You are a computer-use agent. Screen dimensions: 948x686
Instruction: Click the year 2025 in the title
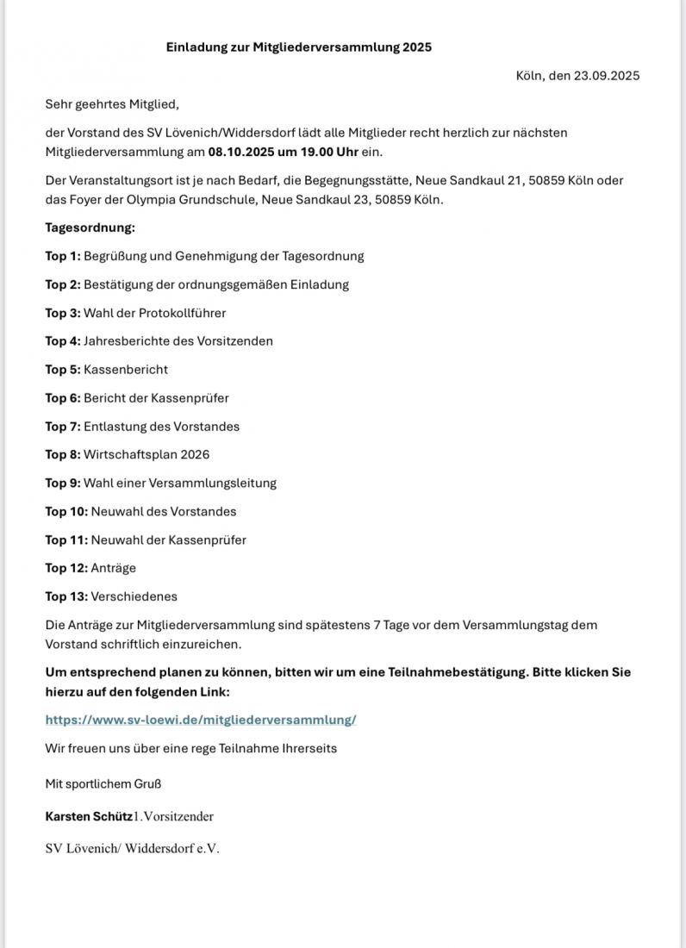[x=416, y=47]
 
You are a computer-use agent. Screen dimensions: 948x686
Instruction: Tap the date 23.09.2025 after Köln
[x=607, y=76]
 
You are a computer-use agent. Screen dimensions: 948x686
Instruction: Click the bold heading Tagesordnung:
[x=90, y=228]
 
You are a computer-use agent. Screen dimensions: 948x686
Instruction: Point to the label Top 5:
[x=63, y=370]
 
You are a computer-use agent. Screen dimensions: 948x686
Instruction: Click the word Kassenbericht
[x=126, y=370]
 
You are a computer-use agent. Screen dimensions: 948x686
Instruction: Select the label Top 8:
[x=63, y=454]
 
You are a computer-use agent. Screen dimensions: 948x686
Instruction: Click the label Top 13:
[x=66, y=596]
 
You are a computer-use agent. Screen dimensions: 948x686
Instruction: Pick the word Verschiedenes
[x=134, y=596]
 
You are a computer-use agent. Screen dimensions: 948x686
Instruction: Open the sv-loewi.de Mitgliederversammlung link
[x=201, y=720]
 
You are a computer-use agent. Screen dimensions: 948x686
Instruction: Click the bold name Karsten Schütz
[x=89, y=816]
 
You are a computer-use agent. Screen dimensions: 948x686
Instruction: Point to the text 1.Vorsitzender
[x=173, y=816]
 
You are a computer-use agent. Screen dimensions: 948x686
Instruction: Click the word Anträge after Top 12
[x=114, y=568]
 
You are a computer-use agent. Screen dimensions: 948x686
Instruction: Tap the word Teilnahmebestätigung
[x=451, y=672]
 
